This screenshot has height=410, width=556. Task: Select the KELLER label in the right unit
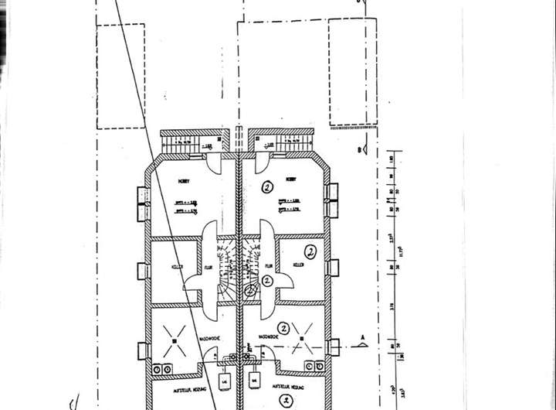[297, 265]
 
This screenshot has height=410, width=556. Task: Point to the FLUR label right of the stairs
[268, 265]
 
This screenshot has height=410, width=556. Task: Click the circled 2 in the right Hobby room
[267, 186]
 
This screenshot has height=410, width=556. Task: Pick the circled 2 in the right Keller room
[310, 251]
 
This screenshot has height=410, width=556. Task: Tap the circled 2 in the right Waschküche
[285, 327]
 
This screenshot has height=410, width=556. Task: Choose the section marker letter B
[360, 149]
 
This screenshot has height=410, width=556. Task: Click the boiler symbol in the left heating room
[225, 381]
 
